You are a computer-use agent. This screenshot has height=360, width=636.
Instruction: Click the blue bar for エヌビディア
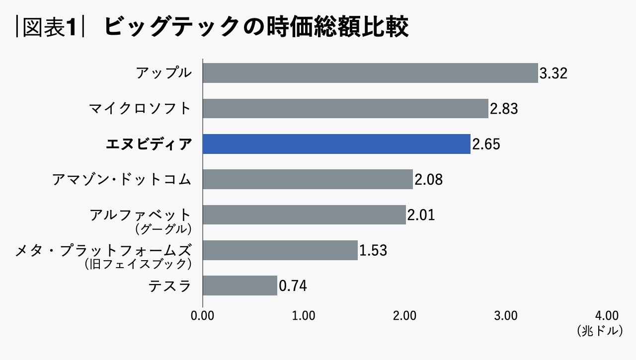(336, 144)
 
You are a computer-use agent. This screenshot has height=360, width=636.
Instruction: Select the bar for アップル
(370, 73)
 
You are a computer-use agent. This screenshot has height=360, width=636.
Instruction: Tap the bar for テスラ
(240, 286)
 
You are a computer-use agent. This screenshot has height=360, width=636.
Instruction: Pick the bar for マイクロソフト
(345, 108)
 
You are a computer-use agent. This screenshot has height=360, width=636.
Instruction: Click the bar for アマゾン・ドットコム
(308, 179)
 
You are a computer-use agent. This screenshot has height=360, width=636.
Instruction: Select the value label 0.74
(293, 286)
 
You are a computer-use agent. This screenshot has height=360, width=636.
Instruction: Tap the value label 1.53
(373, 250)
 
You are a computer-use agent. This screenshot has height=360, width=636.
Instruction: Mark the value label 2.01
(421, 215)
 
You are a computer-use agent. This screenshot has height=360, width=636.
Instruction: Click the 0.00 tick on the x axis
(202, 316)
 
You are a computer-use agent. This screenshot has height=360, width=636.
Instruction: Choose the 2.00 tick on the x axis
(404, 316)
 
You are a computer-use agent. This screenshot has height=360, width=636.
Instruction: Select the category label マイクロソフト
(140, 108)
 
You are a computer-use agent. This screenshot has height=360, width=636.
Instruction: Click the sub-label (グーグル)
(163, 229)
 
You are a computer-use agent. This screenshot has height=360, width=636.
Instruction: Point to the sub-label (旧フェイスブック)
(138, 264)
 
